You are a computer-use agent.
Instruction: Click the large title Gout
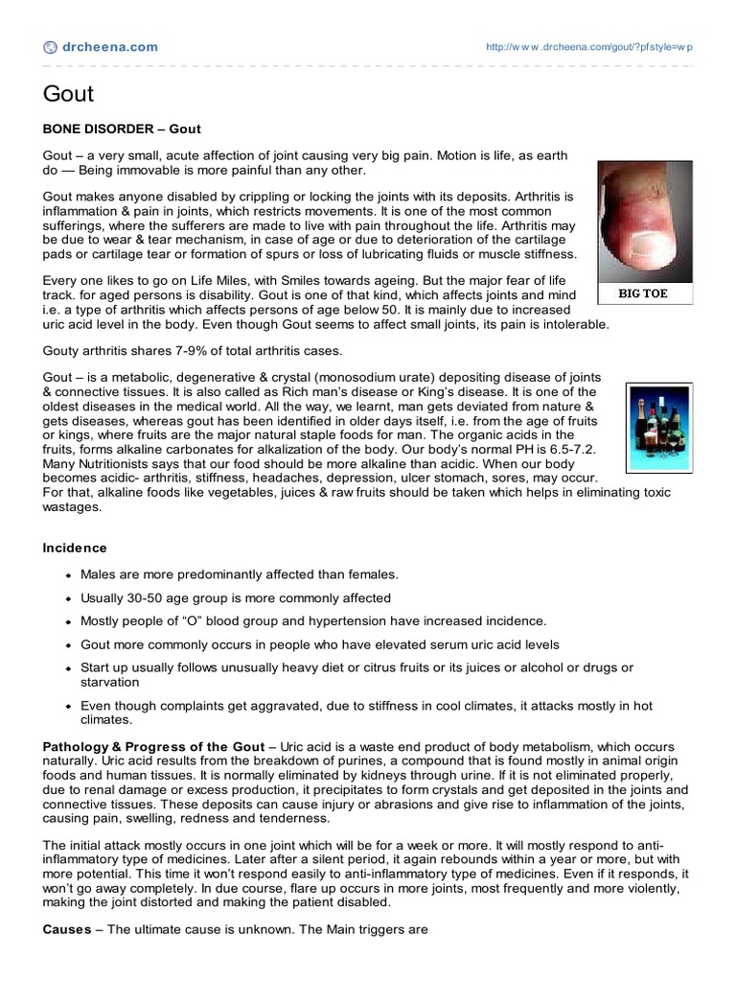[x=68, y=93]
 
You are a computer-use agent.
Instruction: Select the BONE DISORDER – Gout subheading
[x=122, y=128]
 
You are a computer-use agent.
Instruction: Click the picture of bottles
[x=659, y=427]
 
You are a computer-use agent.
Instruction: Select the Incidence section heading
[x=75, y=548]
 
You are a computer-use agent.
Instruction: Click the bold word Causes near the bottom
[x=67, y=929]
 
